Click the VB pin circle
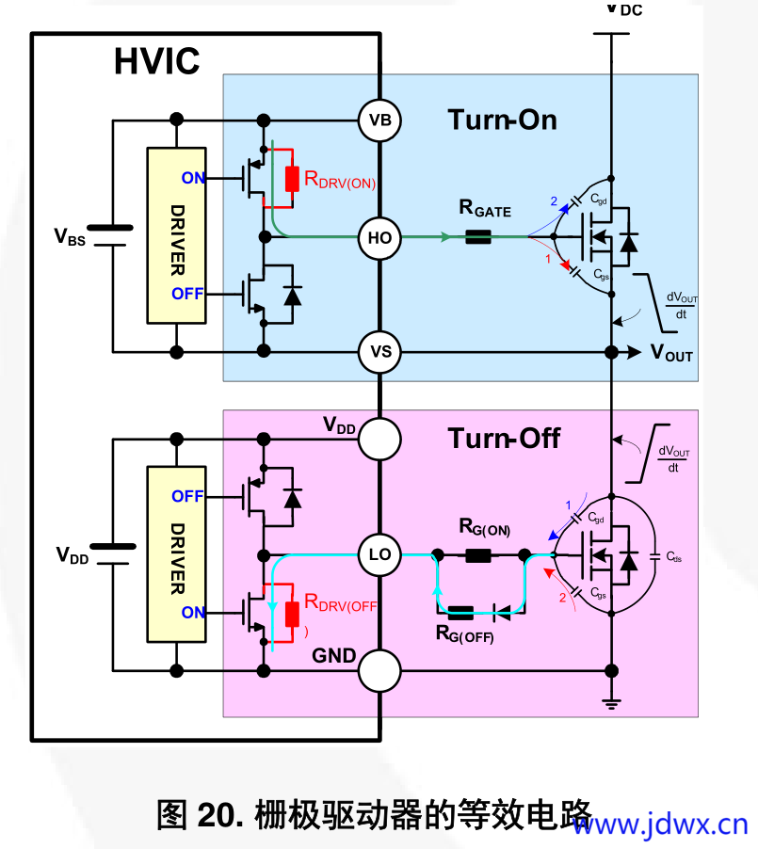click(x=380, y=120)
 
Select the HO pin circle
click(x=380, y=238)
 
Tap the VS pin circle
click(x=380, y=353)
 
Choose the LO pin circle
click(x=380, y=555)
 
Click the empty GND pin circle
click(x=380, y=670)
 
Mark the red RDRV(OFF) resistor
click(x=293, y=613)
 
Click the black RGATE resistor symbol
click(x=478, y=238)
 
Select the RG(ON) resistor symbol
click(x=477, y=555)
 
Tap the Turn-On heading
click(x=502, y=120)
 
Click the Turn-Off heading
click(x=504, y=438)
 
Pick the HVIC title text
click(x=156, y=61)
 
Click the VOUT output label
click(x=671, y=354)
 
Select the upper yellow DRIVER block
click(x=176, y=235)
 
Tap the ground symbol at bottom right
click(x=612, y=704)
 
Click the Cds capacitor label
click(x=674, y=557)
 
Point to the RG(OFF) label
click(x=464, y=634)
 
